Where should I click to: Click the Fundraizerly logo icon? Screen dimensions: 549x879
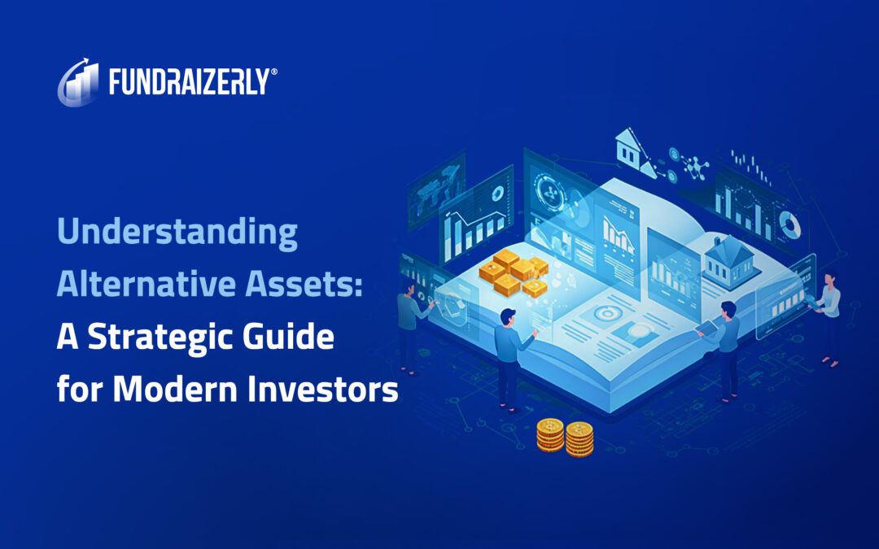(x=79, y=81)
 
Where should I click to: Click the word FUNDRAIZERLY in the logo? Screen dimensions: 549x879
(x=188, y=82)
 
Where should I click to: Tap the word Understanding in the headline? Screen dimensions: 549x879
(x=177, y=234)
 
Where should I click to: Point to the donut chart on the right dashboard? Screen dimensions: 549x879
(x=788, y=222)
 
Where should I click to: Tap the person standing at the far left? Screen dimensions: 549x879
(x=409, y=329)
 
